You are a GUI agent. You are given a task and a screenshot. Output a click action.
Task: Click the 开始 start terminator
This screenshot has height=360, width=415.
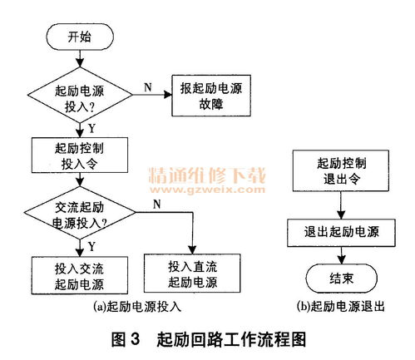79,37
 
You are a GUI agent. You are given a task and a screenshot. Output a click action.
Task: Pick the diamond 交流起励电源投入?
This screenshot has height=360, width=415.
79,215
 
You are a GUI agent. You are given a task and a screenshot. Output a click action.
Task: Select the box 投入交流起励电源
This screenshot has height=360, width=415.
79,275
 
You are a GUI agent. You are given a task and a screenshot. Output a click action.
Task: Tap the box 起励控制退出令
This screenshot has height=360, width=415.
342,172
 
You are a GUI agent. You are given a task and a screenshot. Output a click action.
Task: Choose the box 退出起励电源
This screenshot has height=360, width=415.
342,230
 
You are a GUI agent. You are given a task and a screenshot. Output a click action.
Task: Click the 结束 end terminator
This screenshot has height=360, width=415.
342,277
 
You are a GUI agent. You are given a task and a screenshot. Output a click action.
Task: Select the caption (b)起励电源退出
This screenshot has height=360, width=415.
341,306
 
